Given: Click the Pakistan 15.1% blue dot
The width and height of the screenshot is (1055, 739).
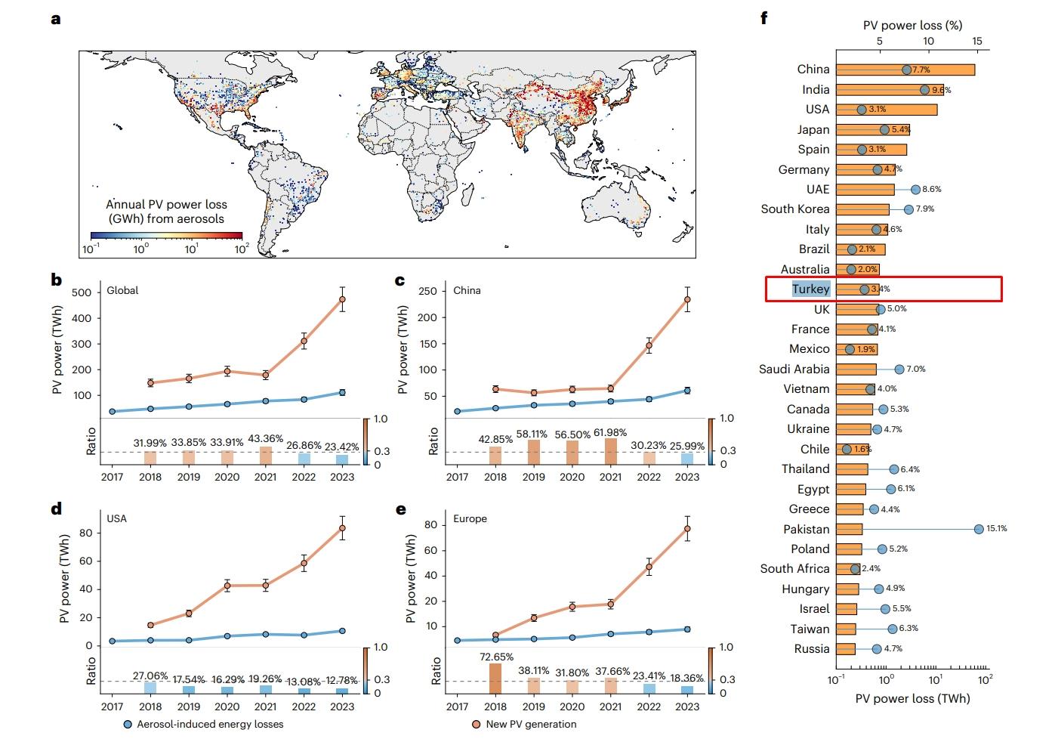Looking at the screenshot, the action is [979, 529].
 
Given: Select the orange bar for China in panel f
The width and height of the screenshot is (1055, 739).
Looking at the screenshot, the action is [905, 70].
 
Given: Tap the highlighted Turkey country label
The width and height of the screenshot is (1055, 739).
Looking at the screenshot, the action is [810, 289].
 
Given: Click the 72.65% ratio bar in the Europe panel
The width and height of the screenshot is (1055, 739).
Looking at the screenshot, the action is [495, 679].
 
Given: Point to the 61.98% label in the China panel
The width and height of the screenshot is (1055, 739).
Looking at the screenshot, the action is [610, 433].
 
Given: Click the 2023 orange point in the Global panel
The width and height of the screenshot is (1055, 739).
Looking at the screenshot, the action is [342, 299].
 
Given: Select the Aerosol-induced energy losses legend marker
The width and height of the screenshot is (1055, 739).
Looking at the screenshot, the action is [128, 725].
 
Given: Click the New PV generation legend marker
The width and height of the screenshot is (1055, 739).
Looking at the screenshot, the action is [477, 725].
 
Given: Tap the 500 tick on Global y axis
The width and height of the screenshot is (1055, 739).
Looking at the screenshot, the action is [82, 292].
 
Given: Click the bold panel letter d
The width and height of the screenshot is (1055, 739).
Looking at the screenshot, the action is [56, 509].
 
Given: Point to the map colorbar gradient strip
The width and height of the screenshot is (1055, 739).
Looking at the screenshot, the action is [166, 236].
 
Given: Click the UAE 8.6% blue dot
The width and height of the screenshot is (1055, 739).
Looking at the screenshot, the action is [915, 190].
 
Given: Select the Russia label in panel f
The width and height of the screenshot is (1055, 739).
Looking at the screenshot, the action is [812, 649].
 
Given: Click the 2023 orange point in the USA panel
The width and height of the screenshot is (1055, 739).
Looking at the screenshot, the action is [342, 528].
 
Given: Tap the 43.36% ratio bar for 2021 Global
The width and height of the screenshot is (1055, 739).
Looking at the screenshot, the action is [266, 456].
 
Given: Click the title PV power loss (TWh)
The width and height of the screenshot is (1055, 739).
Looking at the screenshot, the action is [912, 698].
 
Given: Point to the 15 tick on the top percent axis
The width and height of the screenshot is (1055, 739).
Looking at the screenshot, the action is [976, 41].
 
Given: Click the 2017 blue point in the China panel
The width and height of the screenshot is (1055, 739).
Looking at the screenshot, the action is [458, 412].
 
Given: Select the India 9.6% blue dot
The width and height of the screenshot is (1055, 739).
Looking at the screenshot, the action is [924, 90].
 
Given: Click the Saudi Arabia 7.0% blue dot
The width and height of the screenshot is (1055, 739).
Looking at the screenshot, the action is [899, 369].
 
